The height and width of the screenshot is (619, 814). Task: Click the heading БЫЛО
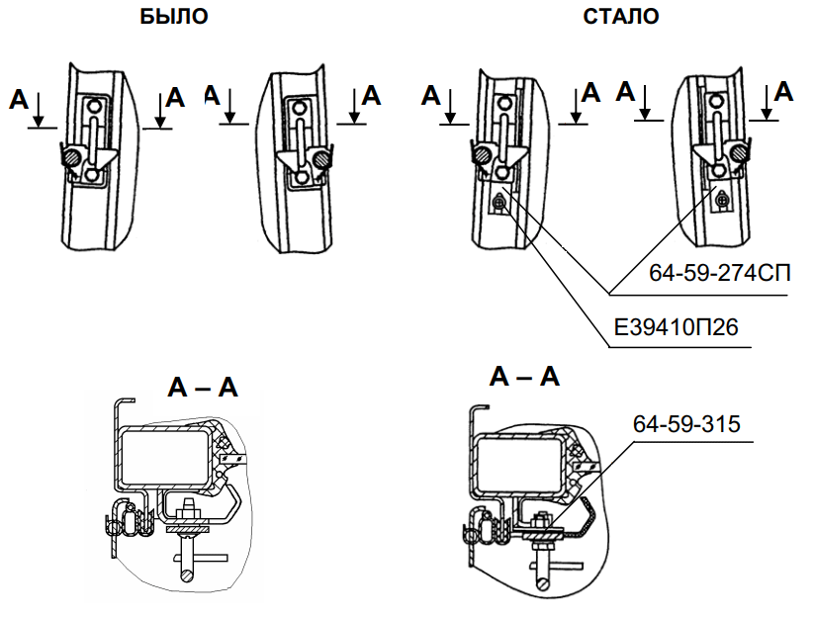(x=173, y=17)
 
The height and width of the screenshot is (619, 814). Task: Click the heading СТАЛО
(x=621, y=17)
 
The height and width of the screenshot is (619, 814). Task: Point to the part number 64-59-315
(x=686, y=425)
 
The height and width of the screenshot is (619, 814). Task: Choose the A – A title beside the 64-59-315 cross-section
(x=524, y=376)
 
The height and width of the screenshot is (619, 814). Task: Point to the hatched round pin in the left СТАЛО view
(x=480, y=154)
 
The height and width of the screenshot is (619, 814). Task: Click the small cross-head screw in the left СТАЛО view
(x=500, y=203)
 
